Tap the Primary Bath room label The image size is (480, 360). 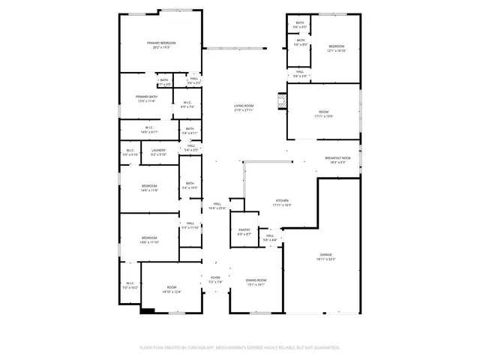coord(146,98)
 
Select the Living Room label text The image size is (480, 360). coord(244,108)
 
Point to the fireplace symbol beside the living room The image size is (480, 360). coord(282,101)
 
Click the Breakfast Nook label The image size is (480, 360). coord(337,160)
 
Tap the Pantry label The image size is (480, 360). coord(244,232)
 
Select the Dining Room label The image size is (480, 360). coord(256,282)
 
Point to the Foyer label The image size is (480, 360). coord(215,280)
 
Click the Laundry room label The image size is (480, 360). coord(157,152)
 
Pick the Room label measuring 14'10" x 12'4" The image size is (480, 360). coord(172,289)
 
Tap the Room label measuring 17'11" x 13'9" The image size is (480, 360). coord(323,114)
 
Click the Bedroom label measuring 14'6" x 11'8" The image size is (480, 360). coord(149,187)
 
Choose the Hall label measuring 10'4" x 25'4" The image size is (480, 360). coord(216,206)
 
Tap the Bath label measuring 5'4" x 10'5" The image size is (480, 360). coord(190,185)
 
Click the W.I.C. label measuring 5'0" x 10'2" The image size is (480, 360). coord(130,285)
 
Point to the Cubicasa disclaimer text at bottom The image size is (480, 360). coord(240,347)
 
